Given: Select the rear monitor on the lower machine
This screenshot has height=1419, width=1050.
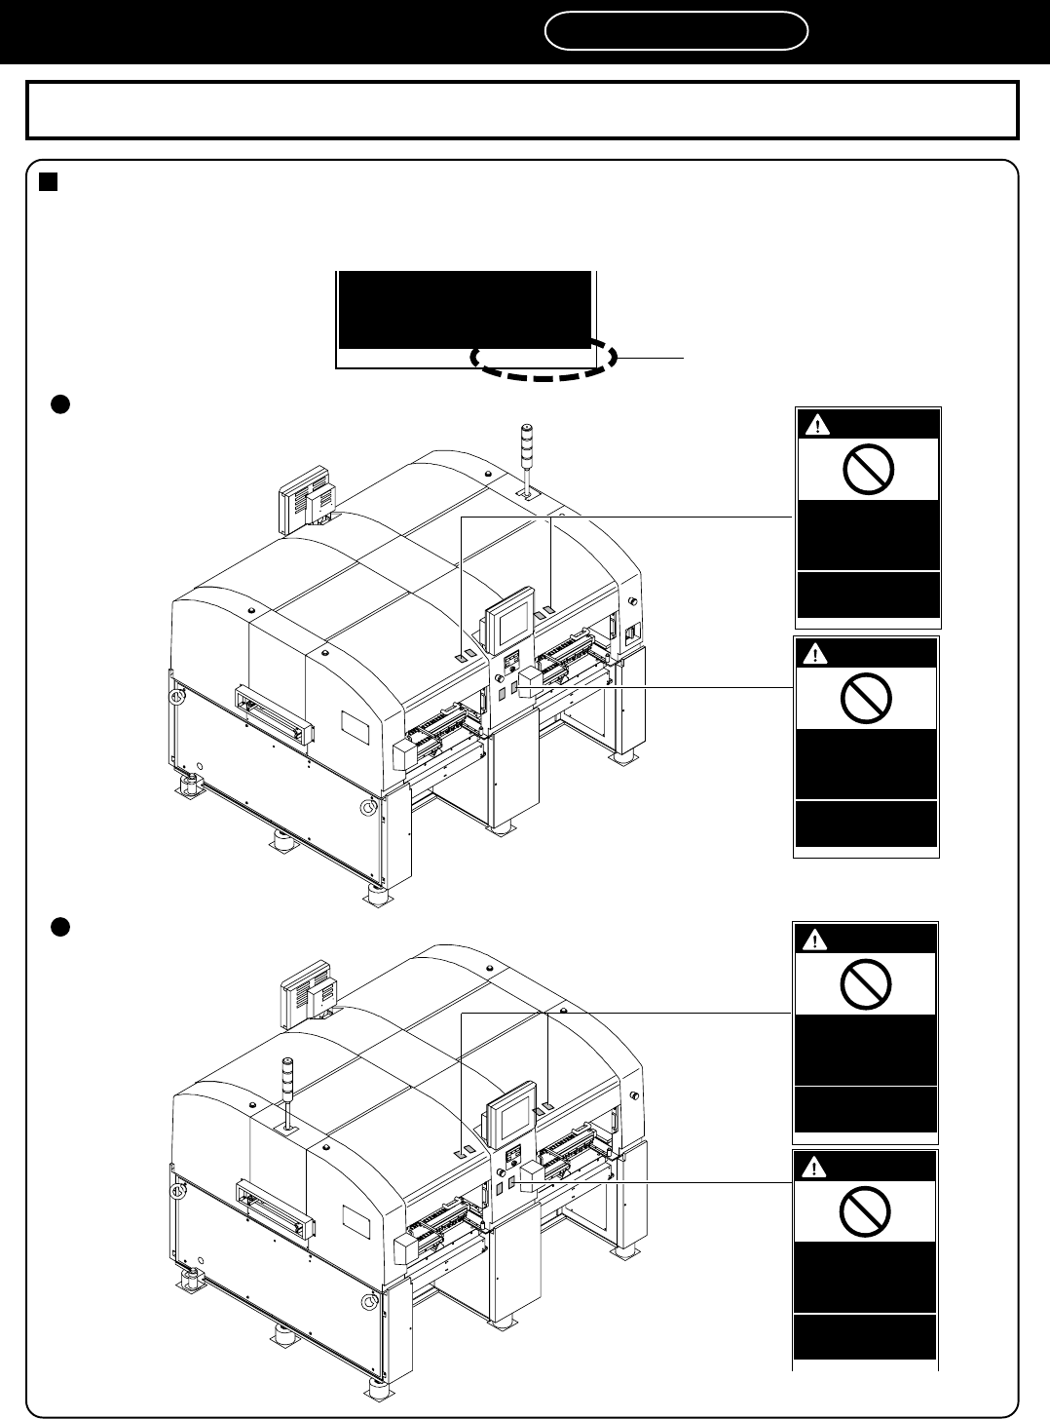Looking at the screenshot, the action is [x=305, y=995].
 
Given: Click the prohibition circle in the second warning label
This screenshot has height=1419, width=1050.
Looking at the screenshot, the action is [x=867, y=699].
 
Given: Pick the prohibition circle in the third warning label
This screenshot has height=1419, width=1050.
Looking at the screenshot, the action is [x=866, y=987].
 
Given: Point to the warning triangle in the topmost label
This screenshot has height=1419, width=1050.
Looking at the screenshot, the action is [x=817, y=425].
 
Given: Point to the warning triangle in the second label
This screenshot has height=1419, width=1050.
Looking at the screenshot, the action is [x=815, y=654].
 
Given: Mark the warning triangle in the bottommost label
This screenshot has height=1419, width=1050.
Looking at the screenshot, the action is [x=815, y=1166].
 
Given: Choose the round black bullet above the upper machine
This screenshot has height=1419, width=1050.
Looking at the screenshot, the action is [x=58, y=404].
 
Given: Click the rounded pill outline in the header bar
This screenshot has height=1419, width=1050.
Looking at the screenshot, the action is [x=676, y=31].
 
